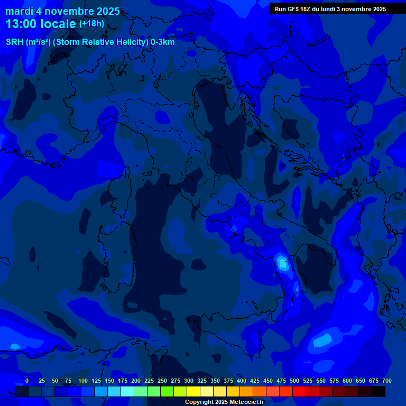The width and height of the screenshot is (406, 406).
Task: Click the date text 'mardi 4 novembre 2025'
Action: click(63, 11)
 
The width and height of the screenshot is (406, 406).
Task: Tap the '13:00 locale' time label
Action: click(41, 24)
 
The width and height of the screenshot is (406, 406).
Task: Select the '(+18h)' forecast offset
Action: click(91, 23)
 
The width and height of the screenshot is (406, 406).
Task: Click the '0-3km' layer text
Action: click(162, 42)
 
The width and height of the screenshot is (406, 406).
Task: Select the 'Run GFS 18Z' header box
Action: click(330, 8)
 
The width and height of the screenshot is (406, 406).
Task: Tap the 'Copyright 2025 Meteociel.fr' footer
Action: click(225, 402)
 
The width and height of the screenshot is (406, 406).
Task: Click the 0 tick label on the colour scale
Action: click(27, 381)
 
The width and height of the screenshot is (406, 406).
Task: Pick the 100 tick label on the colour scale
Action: click(83, 381)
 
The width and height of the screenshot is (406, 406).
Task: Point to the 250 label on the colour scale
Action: click(162, 381)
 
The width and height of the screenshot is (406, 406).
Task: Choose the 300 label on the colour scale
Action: click(189, 381)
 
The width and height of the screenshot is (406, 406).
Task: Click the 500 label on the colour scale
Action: click(294, 381)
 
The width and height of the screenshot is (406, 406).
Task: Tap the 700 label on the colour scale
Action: click(387, 381)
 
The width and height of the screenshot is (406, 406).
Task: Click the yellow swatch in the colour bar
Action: click(193, 391)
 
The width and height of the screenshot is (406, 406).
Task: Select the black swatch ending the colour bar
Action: click(379, 391)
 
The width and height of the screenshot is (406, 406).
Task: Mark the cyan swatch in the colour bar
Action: click(127, 391)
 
